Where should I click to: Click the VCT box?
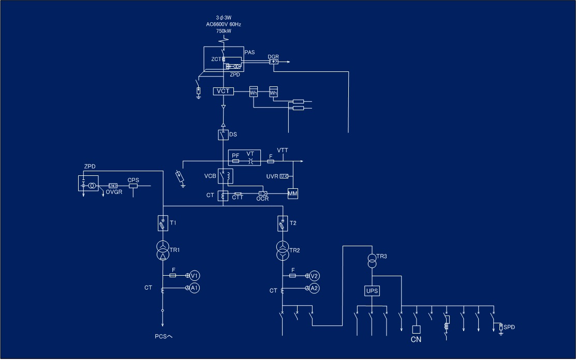point(223,91)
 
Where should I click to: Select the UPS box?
point(372,291)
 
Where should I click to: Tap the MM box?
point(293,193)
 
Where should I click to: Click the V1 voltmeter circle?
point(194,275)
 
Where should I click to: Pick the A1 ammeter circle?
point(194,288)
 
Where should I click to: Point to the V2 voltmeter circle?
point(314,275)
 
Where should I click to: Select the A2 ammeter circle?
point(314,288)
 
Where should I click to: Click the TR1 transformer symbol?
point(163,250)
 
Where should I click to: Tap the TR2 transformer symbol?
point(283,250)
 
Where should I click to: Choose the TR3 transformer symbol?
point(372,261)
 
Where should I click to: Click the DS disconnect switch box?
point(223,134)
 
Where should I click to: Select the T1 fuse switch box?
point(163,223)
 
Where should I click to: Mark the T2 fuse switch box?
point(283,223)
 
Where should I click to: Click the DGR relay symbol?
point(274,62)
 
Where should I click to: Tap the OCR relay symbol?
point(262,193)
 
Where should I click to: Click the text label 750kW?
point(224,31)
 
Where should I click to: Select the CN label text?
point(416,340)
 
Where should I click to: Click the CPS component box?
point(133,185)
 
